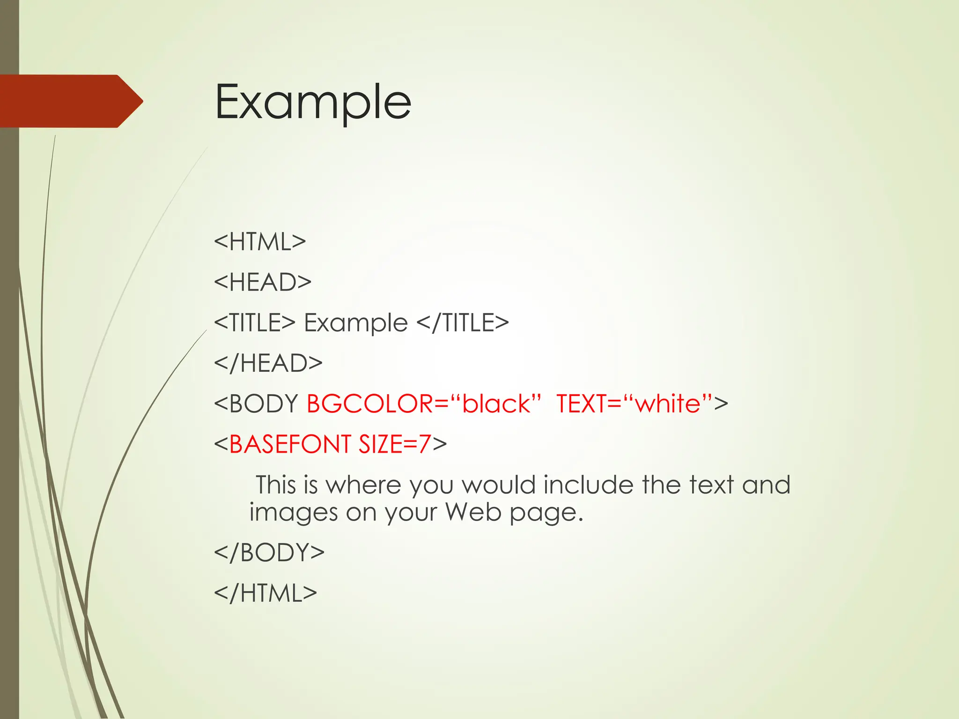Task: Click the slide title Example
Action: coord(313,102)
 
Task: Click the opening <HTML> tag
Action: coord(260,242)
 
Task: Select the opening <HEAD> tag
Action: coord(263,282)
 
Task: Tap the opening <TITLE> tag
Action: coord(255,323)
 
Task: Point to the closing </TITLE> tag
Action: coord(462,323)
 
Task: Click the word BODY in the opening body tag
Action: coord(264,404)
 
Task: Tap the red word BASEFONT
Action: coord(290,444)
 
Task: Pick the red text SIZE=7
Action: coord(395,444)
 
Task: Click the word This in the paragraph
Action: coord(275,484)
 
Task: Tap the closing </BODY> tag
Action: coord(269,552)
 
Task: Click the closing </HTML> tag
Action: coord(266,593)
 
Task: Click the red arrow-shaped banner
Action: coord(70,101)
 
